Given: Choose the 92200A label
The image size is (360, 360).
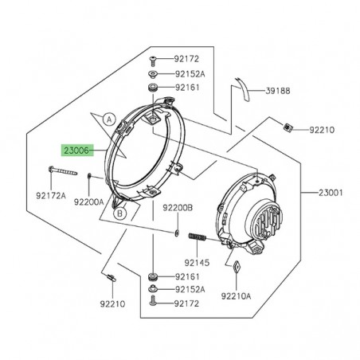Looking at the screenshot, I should pos(89,202).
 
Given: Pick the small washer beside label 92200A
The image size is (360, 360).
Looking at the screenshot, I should pos(87,176).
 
